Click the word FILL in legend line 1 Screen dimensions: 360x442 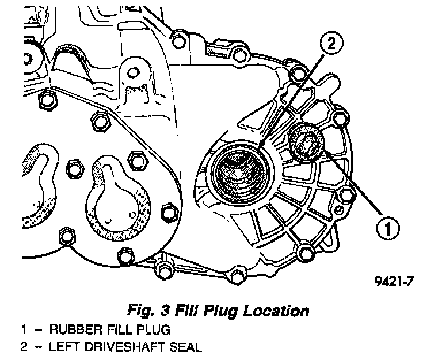pyautogui.click(x=113, y=331)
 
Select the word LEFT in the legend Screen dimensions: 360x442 pyautogui.click(x=66, y=347)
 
